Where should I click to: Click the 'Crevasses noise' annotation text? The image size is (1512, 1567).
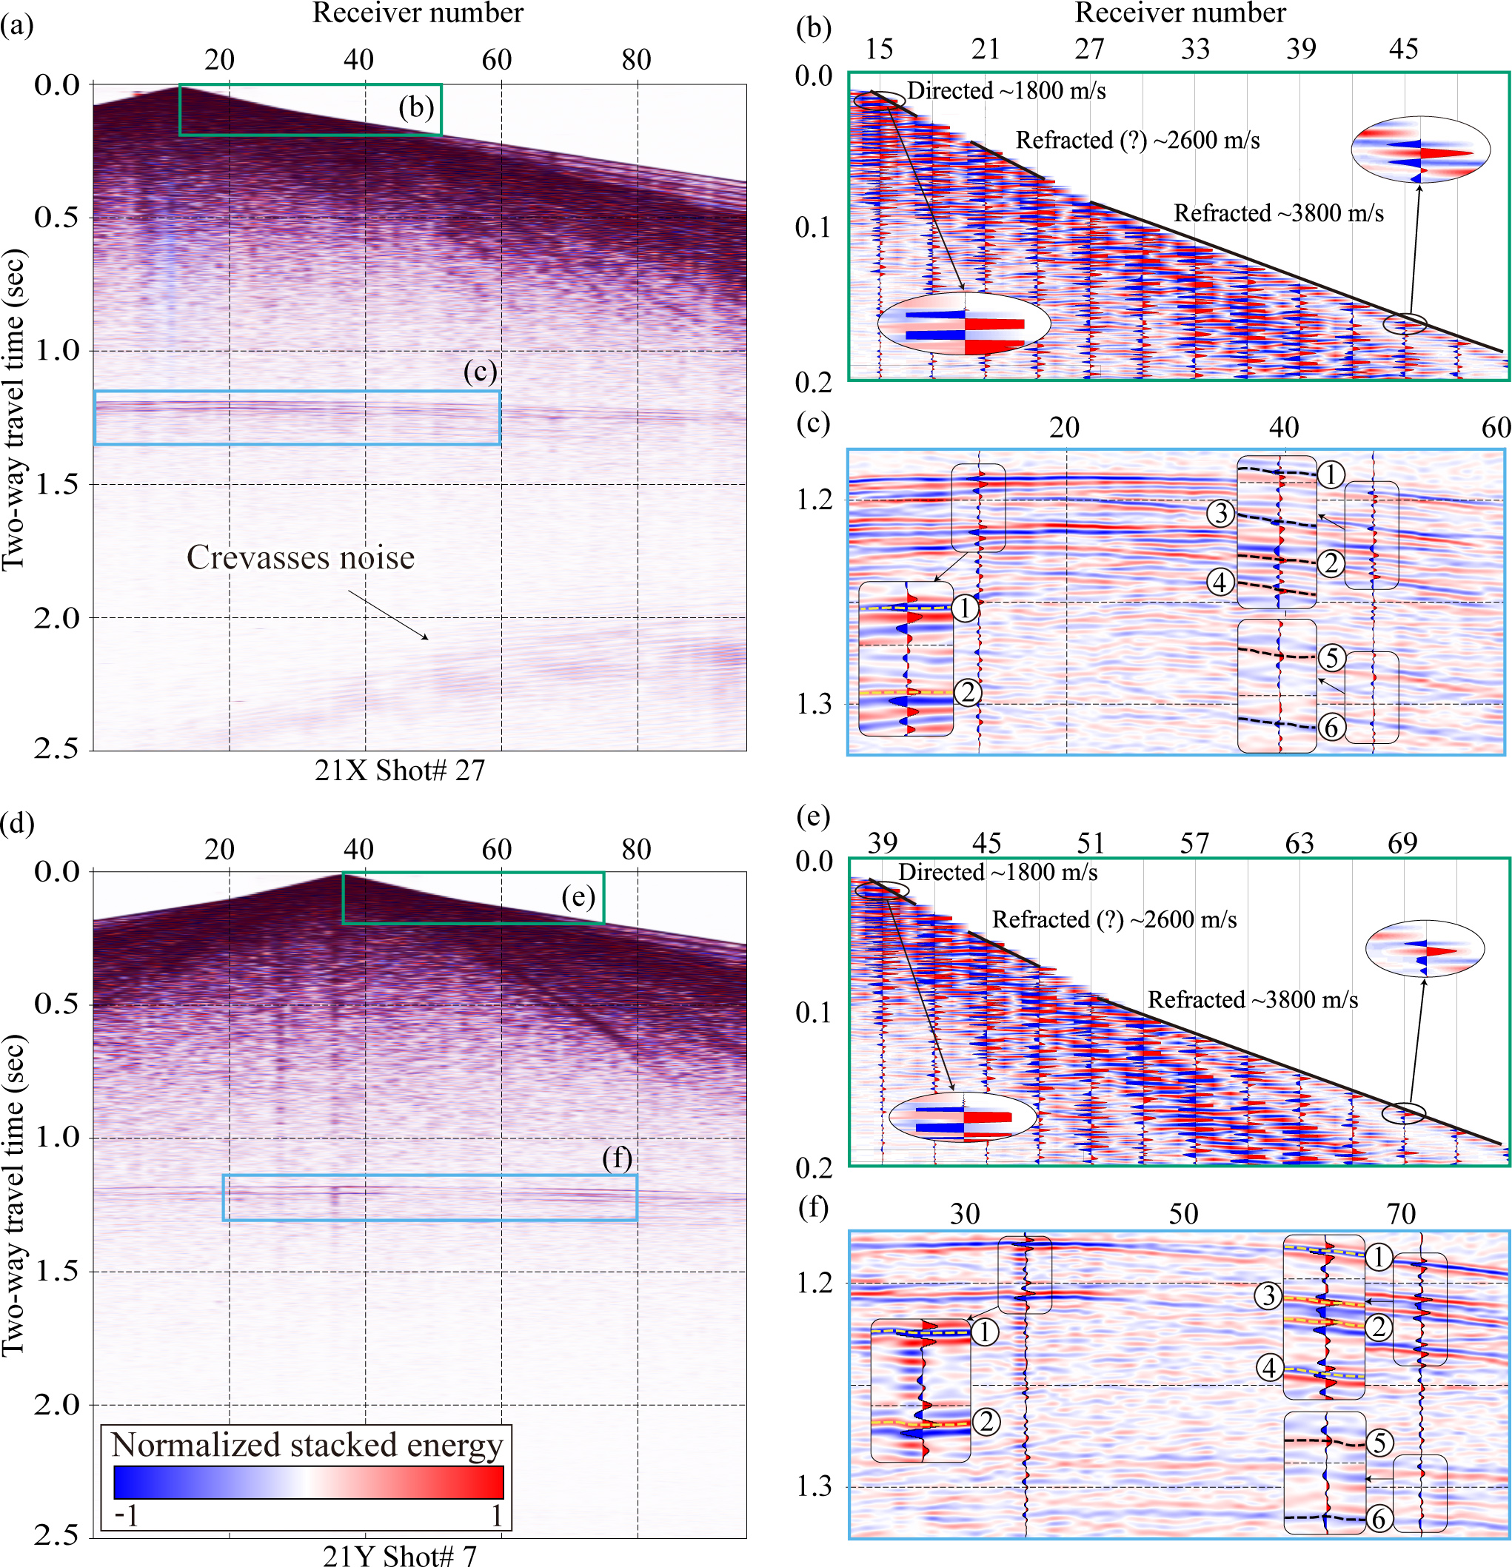point(301,557)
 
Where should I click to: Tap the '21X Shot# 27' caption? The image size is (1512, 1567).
point(400,770)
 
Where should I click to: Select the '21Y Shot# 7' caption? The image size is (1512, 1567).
point(400,1555)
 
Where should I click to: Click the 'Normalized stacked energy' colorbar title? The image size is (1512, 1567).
point(307,1445)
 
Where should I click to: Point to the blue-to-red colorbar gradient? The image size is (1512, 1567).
point(309,1481)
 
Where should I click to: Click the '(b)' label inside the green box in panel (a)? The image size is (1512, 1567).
point(417,108)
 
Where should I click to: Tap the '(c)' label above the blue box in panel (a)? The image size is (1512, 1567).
point(481,372)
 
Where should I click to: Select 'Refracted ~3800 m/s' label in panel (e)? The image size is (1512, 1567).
point(1253,999)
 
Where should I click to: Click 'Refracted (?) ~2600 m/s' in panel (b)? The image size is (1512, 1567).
point(1138,141)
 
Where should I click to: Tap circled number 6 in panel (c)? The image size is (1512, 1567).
point(1331,728)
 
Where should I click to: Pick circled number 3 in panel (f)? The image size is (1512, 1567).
point(1268,1295)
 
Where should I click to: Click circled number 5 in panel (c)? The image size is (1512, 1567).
point(1331,658)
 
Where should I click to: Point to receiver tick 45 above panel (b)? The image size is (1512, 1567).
point(1403,49)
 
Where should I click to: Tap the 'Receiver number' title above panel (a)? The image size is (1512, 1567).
point(418,13)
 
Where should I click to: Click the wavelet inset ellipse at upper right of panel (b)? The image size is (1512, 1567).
point(1421,150)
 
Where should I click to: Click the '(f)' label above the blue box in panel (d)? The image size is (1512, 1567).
point(618,1158)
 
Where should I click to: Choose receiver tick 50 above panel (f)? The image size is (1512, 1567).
point(1183,1214)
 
